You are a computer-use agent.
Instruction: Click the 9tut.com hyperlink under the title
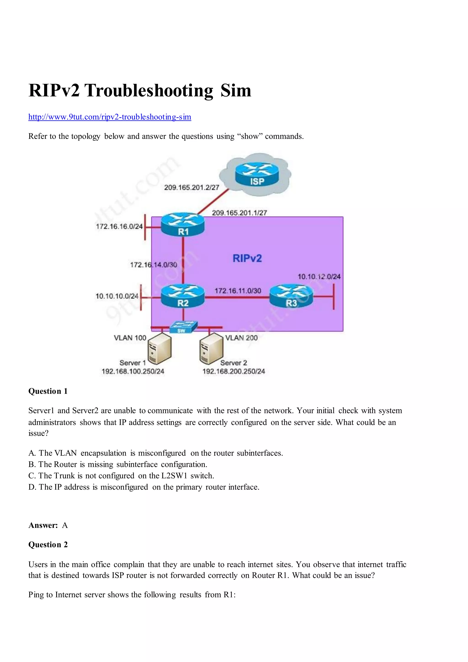coord(110,117)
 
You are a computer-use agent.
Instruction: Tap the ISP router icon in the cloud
coord(257,174)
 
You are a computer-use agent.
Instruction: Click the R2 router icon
coord(183,296)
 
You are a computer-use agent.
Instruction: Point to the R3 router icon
coord(291,296)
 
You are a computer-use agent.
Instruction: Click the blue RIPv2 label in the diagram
coord(247,258)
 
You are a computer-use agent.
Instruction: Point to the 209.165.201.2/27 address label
coord(191,187)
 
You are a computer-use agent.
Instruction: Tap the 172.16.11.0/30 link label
coord(238,291)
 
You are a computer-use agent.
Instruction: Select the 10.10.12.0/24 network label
coord(319,277)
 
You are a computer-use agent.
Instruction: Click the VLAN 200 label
coord(241,338)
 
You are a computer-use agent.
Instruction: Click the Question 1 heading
coord(48,391)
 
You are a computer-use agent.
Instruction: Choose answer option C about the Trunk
coord(121,476)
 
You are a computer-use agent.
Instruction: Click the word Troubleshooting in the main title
coord(149,90)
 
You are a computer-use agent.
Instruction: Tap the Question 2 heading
coord(48,545)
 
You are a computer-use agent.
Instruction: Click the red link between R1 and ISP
coord(213,202)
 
